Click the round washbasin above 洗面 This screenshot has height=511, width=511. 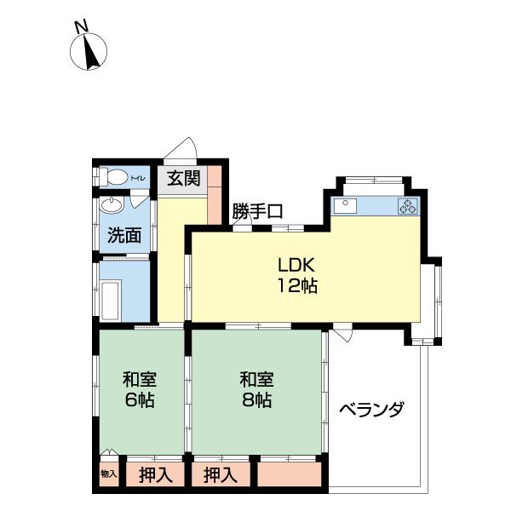[x=111, y=205]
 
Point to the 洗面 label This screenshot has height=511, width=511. [x=123, y=234]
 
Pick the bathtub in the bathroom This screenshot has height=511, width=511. [x=112, y=299]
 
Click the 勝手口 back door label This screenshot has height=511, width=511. [x=257, y=212]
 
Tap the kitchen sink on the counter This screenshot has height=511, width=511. [x=346, y=204]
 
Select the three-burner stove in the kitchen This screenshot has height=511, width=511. [x=407, y=205]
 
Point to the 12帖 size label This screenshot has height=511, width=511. [x=296, y=286]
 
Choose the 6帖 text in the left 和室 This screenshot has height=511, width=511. [x=139, y=400]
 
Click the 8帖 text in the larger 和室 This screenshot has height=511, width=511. [x=255, y=400]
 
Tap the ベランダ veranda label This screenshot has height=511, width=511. [x=371, y=410]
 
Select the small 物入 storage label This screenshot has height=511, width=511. [x=107, y=474]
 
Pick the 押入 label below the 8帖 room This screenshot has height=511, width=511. [x=221, y=474]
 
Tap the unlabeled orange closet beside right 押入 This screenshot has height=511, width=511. [x=289, y=474]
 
